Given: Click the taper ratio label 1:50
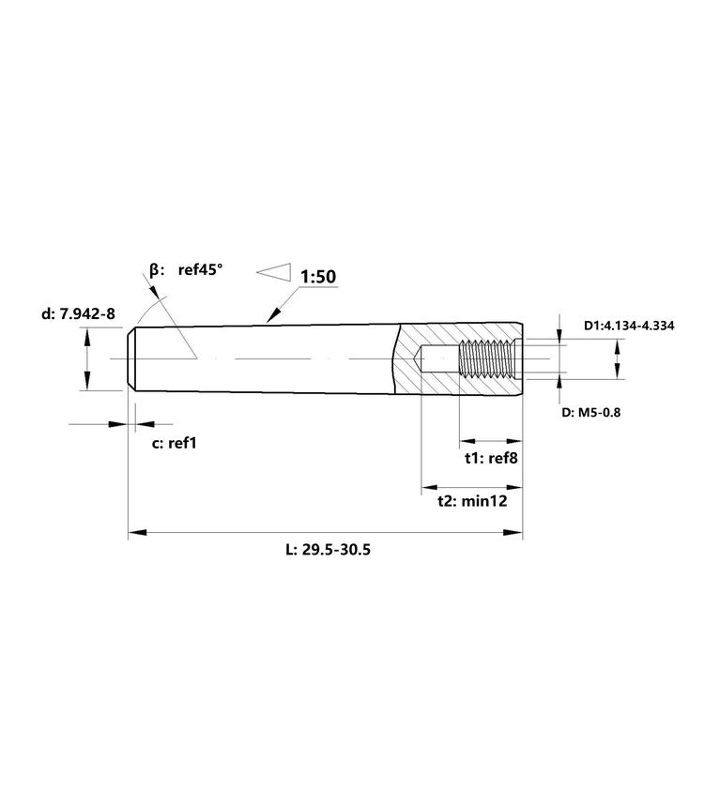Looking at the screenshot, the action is tap(318, 277).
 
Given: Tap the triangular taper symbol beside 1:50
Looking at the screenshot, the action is tap(274, 272).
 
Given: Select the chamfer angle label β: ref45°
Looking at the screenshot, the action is tap(186, 270).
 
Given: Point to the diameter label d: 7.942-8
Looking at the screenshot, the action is tap(78, 313).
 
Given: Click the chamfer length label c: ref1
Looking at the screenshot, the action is tap(174, 443).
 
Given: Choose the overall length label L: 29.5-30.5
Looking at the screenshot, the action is tap(328, 549).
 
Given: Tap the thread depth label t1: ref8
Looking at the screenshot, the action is tap(491, 458).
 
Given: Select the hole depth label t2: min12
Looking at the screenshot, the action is tap(472, 501).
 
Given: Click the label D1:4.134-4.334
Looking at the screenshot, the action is tap(629, 326).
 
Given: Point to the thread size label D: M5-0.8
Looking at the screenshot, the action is tap(591, 412).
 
